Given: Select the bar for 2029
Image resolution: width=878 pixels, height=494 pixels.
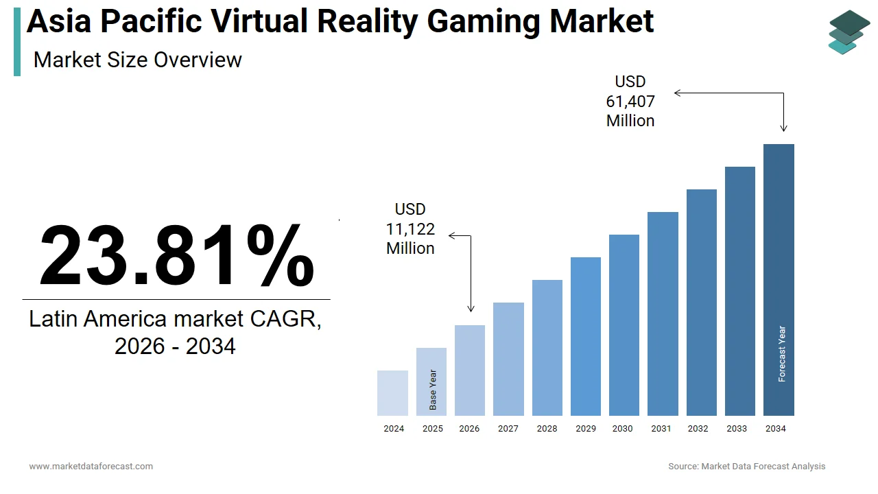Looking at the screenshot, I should click(585, 336).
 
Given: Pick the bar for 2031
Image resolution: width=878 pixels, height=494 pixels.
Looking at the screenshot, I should click(663, 314).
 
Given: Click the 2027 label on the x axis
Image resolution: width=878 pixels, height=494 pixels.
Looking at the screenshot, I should click(508, 429).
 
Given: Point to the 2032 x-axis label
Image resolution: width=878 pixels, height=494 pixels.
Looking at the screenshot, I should click(698, 429).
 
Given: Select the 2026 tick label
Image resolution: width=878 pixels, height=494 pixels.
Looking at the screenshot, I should click(469, 429).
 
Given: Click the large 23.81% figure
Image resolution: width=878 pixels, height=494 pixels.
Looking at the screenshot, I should click(176, 256).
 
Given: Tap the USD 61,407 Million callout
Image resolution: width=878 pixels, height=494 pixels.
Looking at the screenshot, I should click(630, 102).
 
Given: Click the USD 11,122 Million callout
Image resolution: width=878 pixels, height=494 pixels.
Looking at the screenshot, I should click(410, 229).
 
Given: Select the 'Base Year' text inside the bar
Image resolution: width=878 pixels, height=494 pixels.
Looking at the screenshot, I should click(433, 390).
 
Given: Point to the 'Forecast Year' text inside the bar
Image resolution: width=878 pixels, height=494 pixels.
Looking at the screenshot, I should click(782, 353).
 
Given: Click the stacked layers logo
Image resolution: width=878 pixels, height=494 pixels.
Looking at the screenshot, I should click(849, 32).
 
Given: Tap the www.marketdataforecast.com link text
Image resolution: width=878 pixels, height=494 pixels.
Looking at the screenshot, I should click(91, 467).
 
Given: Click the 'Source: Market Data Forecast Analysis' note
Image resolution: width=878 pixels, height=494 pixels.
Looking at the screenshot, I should click(746, 467).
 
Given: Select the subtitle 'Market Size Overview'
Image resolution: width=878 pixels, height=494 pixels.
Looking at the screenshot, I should click(137, 60).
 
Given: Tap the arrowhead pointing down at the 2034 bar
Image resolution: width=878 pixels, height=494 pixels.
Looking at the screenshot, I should click(783, 128).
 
